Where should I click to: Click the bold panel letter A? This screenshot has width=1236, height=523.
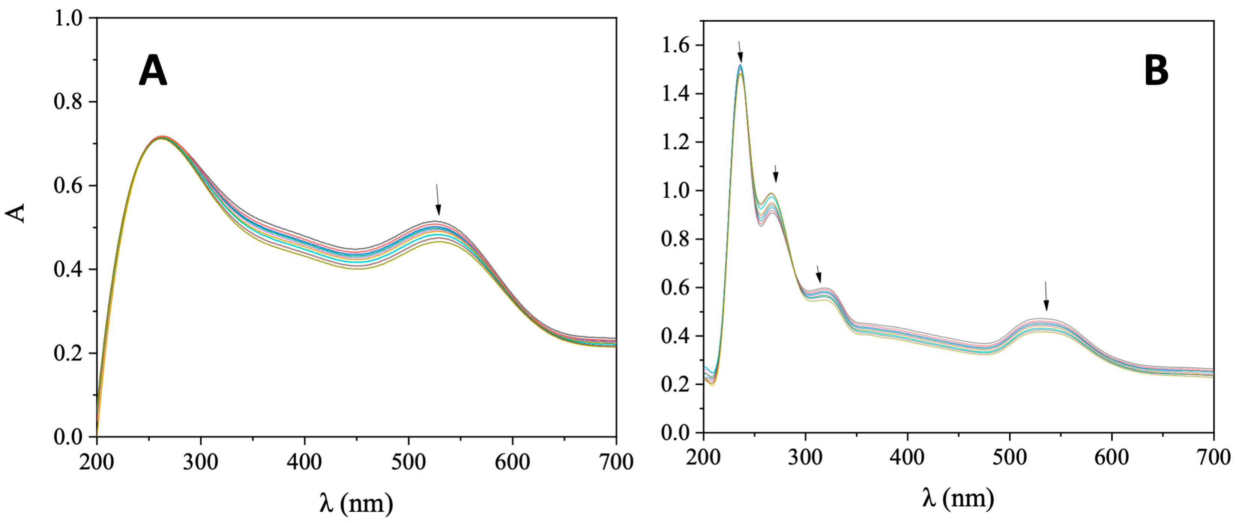tap(153, 70)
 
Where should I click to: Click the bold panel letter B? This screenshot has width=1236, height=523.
tap(1156, 70)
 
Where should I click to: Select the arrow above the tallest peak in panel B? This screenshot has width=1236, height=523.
tap(739, 52)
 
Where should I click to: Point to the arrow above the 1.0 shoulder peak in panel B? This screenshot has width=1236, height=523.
tap(775, 174)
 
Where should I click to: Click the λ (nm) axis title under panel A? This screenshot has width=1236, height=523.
tap(356, 503)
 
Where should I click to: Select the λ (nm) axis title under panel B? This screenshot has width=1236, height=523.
tap(958, 498)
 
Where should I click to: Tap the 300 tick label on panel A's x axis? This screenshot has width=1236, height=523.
tap(201, 461)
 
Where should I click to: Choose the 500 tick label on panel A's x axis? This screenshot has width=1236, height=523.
tap(408, 461)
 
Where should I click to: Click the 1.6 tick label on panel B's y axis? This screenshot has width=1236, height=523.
tap(675, 45)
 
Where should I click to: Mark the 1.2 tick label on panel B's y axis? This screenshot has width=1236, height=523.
tap(675, 143)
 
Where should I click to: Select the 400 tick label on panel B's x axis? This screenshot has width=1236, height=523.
tap(907, 457)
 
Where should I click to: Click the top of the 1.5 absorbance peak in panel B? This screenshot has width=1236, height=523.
tap(740, 65)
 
